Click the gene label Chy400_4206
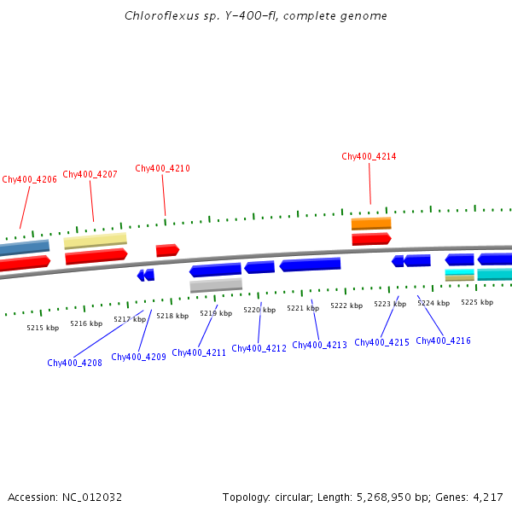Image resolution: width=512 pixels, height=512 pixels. pos(29,179)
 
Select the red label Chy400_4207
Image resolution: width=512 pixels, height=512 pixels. pos(90,174)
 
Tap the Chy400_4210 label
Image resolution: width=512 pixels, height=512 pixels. pos(162,168)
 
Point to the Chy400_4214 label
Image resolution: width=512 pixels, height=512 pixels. pos(369,156)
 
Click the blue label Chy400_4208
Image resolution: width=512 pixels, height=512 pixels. pos(74,363)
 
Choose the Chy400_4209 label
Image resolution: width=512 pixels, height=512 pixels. pos(138,357)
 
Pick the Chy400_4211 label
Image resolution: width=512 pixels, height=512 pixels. pos(199,352)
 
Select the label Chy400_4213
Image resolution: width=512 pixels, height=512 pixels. pos(319,345)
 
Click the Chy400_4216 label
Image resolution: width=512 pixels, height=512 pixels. pos(443,340)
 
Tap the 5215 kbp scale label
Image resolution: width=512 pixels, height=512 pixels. pos(43,328)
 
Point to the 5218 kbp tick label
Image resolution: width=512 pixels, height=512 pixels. pos(172,316)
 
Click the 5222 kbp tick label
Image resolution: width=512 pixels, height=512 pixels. pos(346,305)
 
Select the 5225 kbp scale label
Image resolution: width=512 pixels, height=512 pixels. pos(477,302)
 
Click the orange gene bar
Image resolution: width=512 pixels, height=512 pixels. pos(371,224)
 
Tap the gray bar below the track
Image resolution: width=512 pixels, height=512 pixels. pos(216,285)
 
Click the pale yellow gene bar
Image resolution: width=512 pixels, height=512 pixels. pos(95,241)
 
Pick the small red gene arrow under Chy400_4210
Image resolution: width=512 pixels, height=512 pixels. pos(167,250)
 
